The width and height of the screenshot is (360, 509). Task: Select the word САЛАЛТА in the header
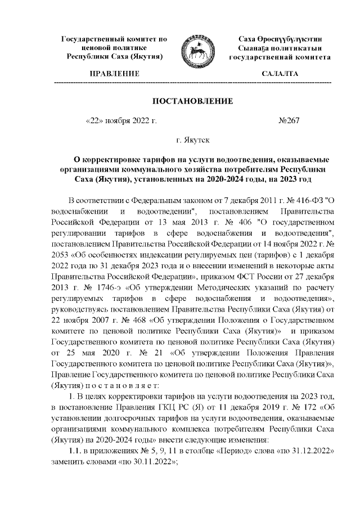coord(280,73)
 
